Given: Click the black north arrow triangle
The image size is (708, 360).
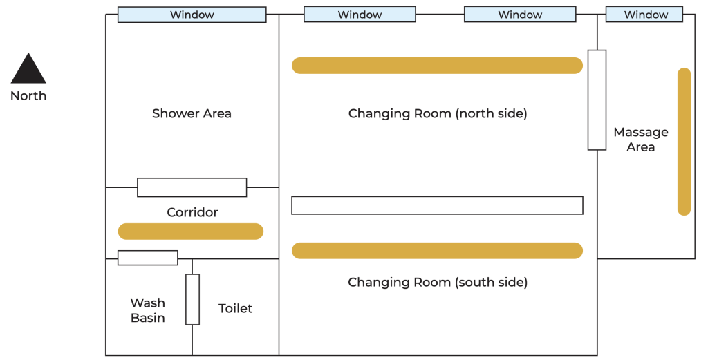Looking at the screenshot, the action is point(28,69).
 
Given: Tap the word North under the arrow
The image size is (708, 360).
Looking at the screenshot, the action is point(28,95).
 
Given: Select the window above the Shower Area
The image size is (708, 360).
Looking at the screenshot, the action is point(192,15).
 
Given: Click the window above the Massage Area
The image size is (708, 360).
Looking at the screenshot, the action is point(644,15).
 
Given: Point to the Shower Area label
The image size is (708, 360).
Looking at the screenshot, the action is point(192,113).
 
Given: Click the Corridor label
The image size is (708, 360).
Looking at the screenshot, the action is point(192,212).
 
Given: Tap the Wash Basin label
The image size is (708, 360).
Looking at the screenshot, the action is point(148,310).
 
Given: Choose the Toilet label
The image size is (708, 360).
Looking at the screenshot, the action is point(235,309).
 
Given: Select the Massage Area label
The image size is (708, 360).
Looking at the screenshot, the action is point(641,140).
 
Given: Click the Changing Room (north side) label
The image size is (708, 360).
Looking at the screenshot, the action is point(438,113).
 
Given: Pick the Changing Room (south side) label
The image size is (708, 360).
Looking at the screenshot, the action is point(438,282).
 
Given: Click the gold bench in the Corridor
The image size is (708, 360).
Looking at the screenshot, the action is point(191,231).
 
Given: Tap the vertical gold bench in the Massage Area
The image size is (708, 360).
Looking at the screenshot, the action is point(684,142).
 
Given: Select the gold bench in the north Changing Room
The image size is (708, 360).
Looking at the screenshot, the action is point(437,66).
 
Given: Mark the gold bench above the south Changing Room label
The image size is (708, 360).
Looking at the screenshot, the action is point(437,251).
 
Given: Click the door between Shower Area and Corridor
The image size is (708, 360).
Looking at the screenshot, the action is point(192,187).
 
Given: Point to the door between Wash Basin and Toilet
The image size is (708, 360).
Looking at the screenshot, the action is point(192,299).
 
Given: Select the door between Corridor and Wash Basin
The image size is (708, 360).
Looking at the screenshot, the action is point(148,258).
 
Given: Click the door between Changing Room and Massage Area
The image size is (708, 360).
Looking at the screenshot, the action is point(597,100).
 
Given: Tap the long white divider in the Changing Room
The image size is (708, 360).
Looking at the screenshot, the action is point(437,205).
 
